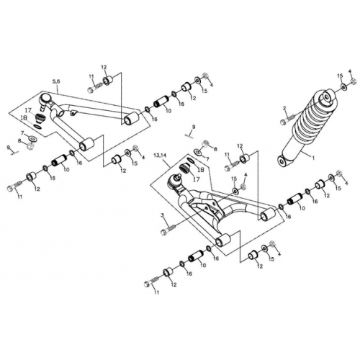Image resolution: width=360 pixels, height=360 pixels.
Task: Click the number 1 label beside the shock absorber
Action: pyautogui.click(x=312, y=155)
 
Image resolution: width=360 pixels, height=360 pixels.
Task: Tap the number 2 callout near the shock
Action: pyautogui.click(x=285, y=109)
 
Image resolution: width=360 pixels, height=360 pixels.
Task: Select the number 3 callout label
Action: pyautogui.click(x=163, y=215)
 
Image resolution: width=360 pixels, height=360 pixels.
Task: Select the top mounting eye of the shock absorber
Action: pyautogui.click(x=325, y=96)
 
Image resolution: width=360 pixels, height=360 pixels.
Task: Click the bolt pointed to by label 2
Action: pyautogui.click(x=290, y=119)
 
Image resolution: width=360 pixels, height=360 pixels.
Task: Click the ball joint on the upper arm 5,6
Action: pyautogui.click(x=45, y=99)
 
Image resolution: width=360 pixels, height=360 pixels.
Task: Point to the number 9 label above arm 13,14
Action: pyautogui.click(x=192, y=126)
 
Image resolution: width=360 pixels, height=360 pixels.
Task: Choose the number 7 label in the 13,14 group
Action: pyautogui.click(x=207, y=157)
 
